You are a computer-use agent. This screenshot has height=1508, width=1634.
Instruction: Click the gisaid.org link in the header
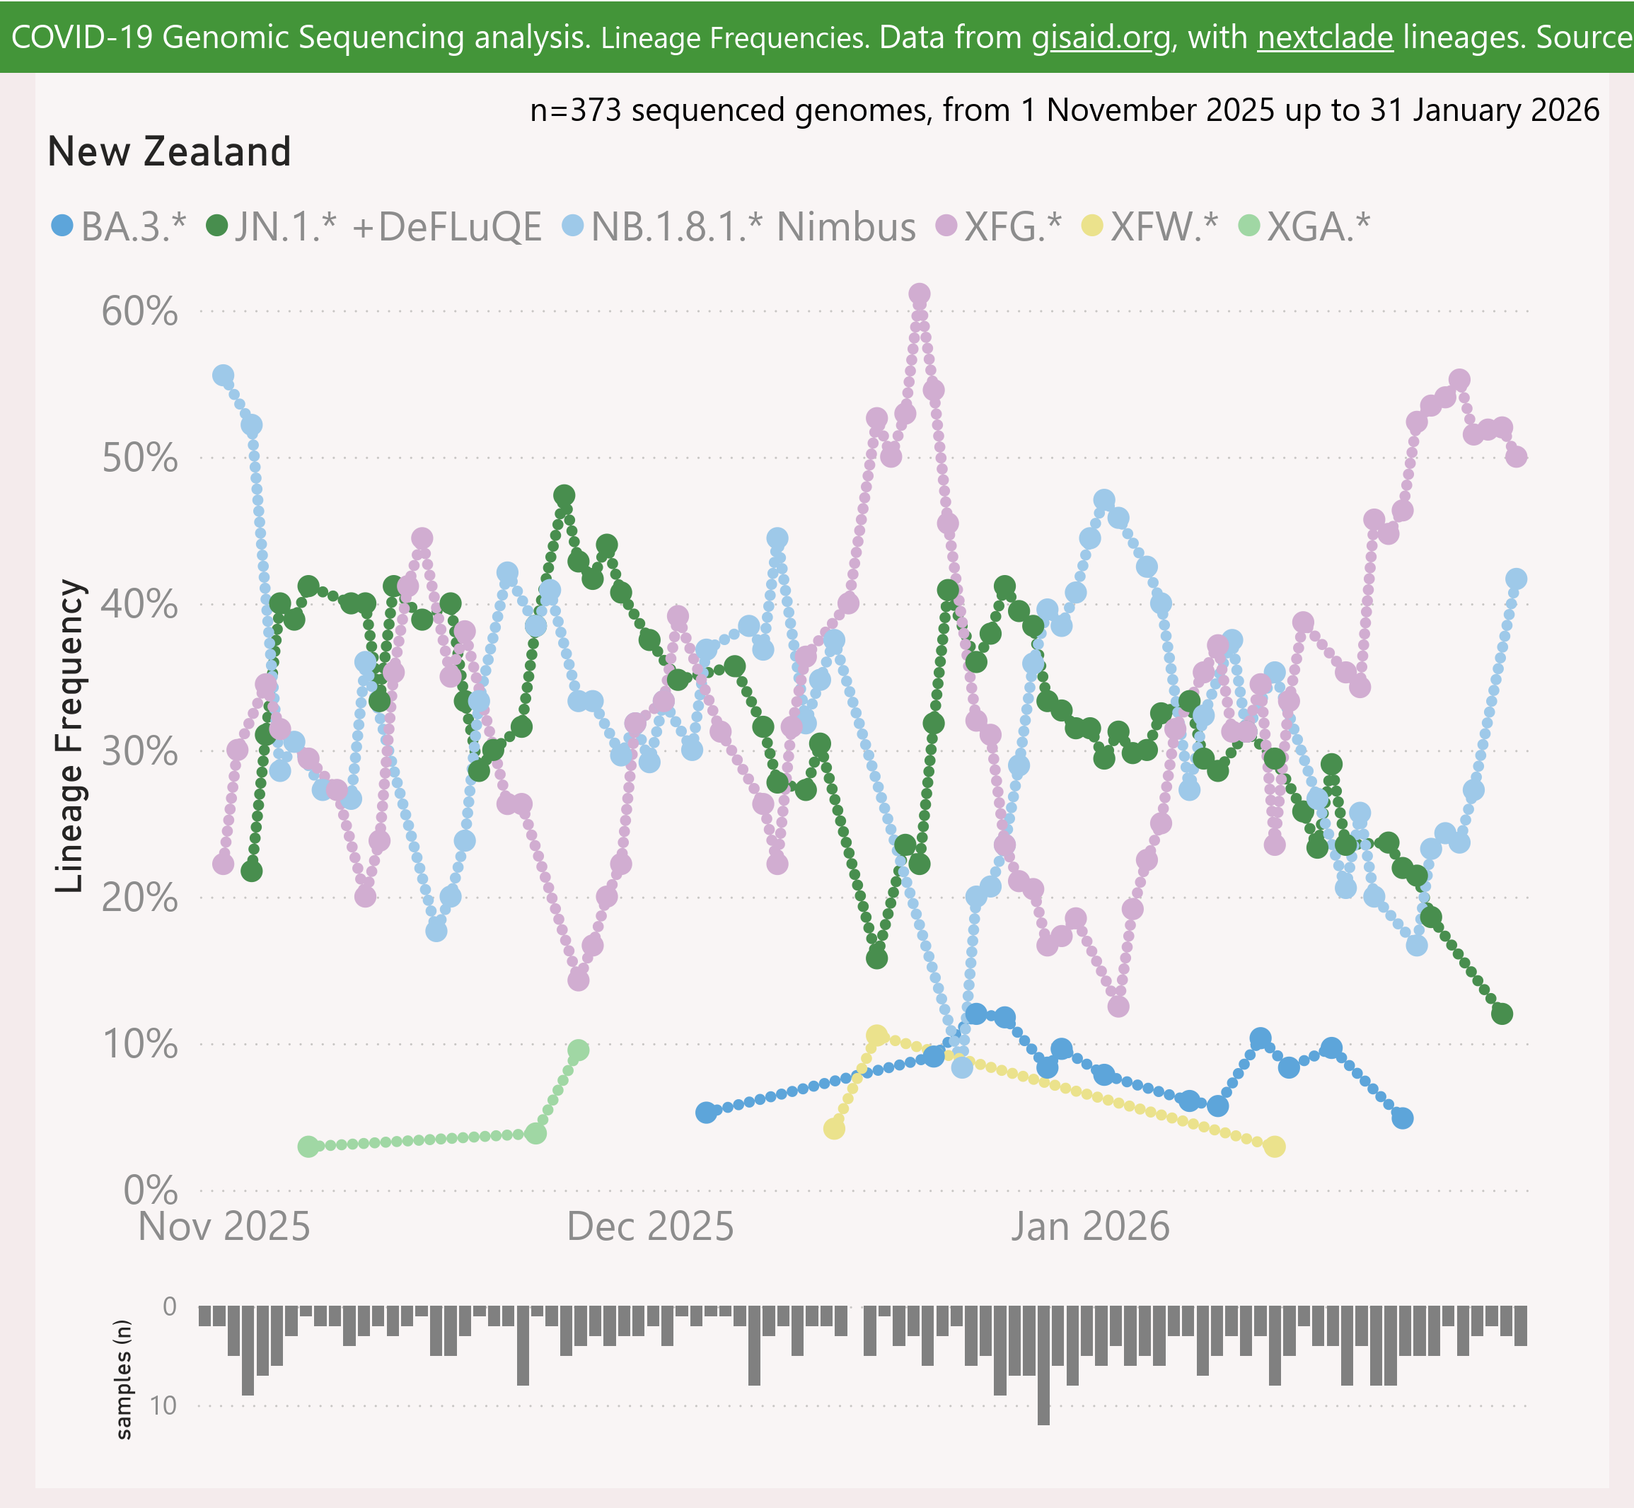1101,37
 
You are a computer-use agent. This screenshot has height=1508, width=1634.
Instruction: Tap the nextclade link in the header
1325,37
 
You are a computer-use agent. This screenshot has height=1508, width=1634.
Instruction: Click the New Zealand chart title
169,152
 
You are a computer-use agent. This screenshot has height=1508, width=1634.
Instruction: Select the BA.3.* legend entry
119,226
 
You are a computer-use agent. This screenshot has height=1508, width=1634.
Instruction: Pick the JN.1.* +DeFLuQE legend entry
373,226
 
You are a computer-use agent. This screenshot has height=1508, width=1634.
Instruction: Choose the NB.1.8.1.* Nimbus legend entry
739,226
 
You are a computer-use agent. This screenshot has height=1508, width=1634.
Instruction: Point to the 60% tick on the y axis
139,312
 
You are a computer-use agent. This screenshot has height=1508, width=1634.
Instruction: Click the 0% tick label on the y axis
150,1190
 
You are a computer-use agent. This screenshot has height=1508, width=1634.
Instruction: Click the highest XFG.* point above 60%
919,294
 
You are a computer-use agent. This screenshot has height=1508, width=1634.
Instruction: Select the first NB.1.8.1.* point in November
223,376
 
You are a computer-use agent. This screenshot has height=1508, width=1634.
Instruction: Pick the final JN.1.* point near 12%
1502,1014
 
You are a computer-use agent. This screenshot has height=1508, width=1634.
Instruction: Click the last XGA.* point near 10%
578,1050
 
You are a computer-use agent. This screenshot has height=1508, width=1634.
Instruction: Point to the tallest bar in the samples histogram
1043,1364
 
